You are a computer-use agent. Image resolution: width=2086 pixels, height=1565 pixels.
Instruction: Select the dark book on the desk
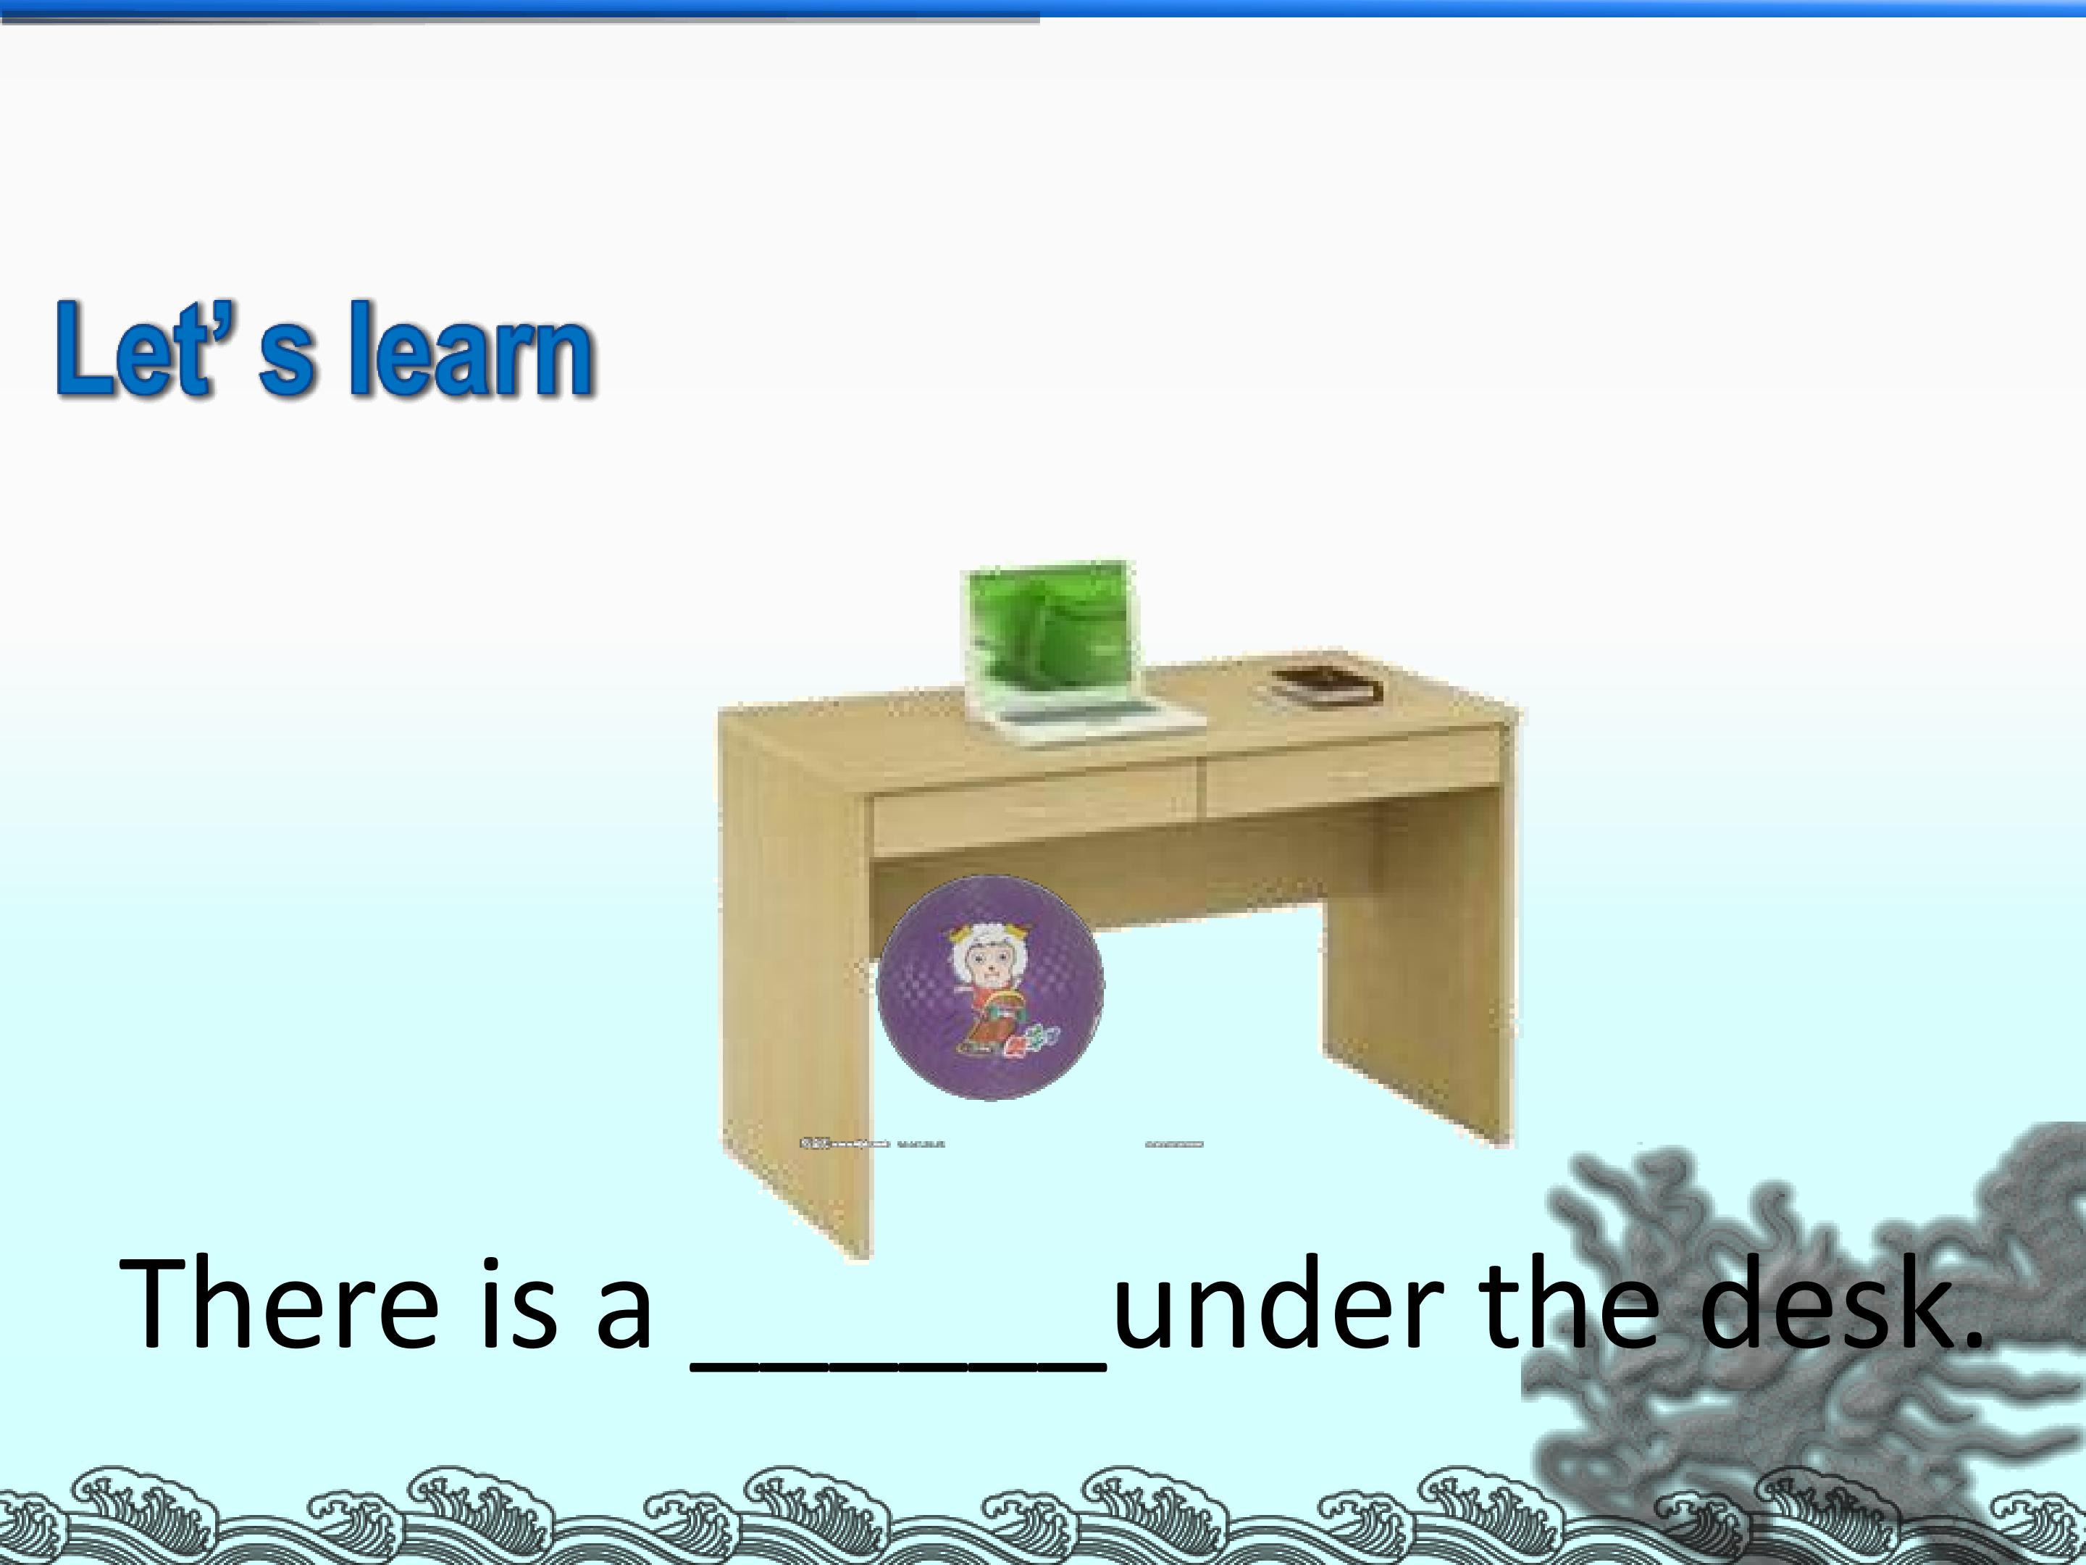point(1321,684)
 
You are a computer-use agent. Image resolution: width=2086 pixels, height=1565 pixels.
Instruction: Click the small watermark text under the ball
point(872,1144)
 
